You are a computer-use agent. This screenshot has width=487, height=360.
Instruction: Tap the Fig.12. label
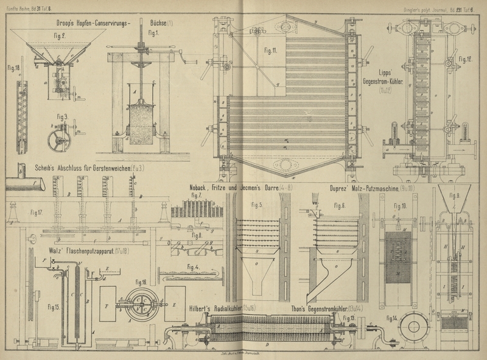tap(466, 59)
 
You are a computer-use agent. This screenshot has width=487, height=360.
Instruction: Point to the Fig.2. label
tap(59, 36)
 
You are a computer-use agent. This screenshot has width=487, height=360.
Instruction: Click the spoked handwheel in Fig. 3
tap(60, 136)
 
